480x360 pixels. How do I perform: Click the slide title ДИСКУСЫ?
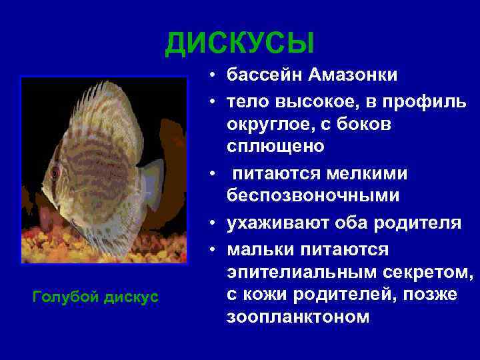point(240,43)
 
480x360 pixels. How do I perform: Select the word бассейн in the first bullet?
point(265,75)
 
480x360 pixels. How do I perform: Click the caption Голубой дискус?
point(95,296)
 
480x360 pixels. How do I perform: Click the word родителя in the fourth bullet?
point(420,223)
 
